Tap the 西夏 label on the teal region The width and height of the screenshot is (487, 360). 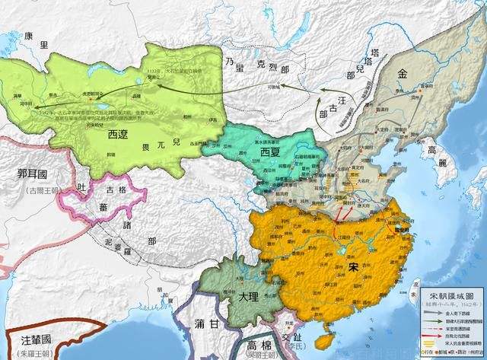pyautogui.click(x=254, y=151)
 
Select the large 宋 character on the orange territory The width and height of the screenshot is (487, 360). pyautogui.click(x=352, y=268)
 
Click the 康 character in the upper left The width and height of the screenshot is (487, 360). pyautogui.click(x=29, y=36)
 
